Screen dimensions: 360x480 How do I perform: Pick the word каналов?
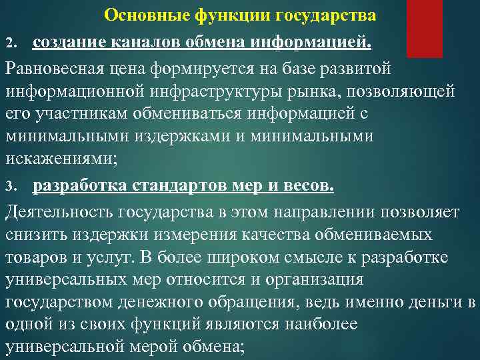tap(145, 43)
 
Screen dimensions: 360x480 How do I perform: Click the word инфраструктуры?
tap(261, 91)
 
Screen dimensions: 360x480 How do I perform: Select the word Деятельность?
tap(59, 212)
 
